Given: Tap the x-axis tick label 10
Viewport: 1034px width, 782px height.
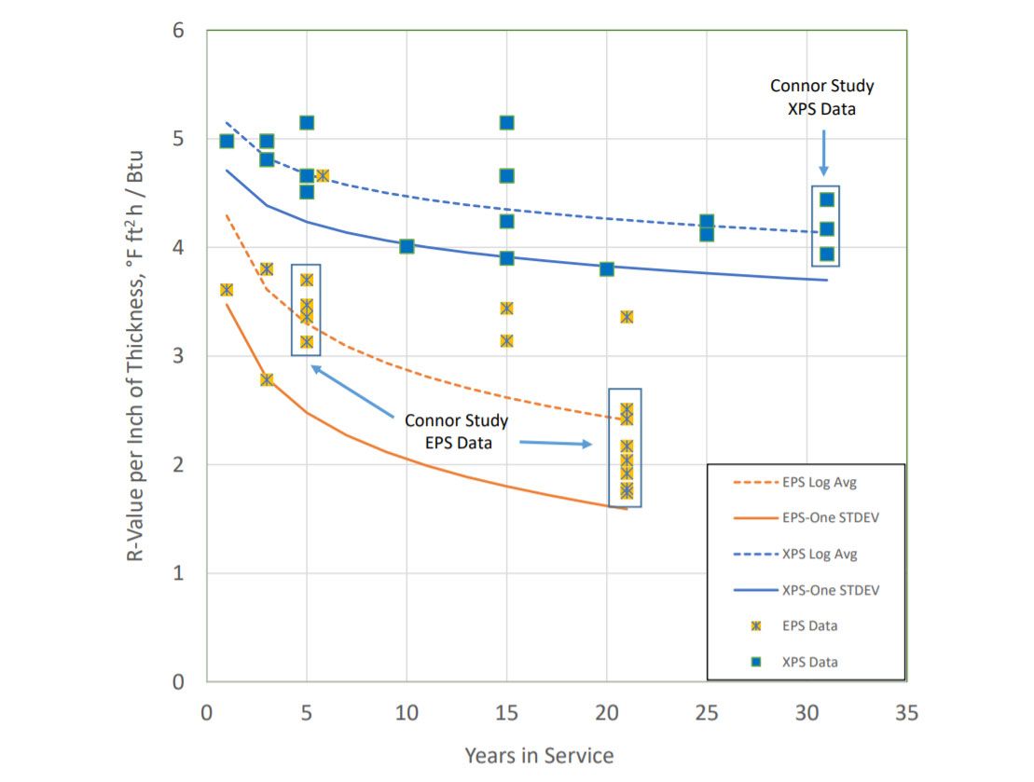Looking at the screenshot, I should click(407, 713).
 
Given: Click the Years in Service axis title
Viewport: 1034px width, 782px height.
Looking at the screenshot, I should click(539, 755).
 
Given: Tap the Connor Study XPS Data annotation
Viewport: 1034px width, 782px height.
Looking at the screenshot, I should click(821, 97).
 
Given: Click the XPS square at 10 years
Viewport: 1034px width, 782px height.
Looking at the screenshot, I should click(407, 246).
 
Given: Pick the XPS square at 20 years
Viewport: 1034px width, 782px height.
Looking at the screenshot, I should click(607, 269).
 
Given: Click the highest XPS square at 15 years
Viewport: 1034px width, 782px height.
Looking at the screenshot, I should click(506, 122).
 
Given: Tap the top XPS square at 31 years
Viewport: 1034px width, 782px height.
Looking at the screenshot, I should click(826, 199).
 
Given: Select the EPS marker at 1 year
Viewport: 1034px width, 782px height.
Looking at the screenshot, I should click(227, 290).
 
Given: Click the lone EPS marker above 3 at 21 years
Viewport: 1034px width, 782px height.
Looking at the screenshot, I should click(627, 317).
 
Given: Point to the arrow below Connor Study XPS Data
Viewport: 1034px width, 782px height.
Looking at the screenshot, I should click(823, 151).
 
